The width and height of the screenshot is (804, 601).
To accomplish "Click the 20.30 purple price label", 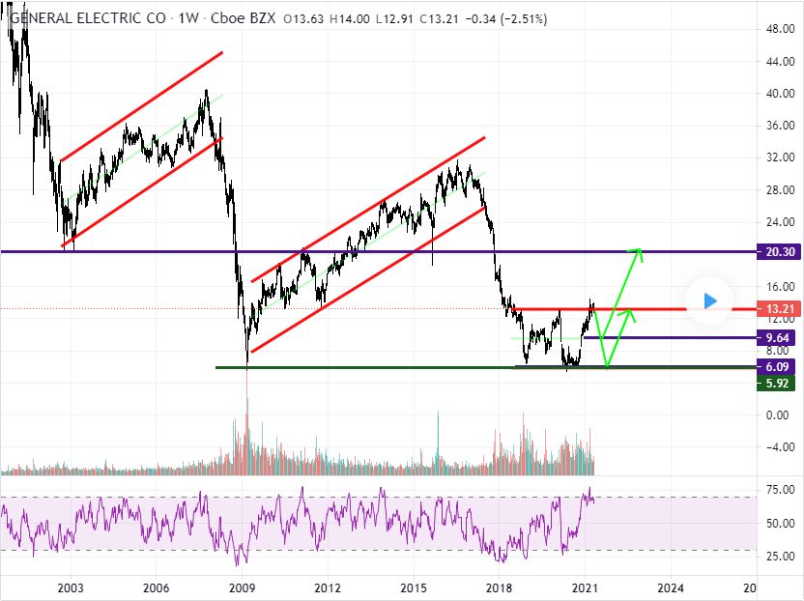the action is click(776, 252).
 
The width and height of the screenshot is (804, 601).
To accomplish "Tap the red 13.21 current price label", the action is click(776, 308).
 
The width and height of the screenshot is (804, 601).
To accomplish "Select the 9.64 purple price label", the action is click(776, 338).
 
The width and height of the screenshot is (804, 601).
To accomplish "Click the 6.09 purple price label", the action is click(776, 366).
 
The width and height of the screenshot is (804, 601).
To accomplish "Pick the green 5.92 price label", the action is click(776, 383).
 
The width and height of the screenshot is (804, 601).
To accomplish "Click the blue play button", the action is click(709, 301).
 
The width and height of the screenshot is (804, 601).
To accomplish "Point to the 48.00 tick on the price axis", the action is click(781, 29).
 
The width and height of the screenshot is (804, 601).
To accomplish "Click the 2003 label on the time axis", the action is click(71, 587).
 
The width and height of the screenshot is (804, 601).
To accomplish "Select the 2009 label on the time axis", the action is click(242, 587).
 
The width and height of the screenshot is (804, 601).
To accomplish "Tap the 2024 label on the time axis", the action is click(671, 587).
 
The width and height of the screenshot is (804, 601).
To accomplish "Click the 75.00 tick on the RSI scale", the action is click(781, 490).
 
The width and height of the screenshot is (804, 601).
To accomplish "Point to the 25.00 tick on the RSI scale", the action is click(781, 557).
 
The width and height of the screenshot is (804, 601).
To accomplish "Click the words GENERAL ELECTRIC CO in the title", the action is click(88, 19).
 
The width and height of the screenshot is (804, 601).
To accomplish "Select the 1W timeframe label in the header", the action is click(188, 19).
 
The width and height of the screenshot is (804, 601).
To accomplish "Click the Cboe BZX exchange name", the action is click(244, 19).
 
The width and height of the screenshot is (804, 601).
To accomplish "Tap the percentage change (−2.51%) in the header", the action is click(524, 19).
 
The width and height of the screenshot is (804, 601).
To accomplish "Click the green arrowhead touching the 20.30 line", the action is click(637, 253).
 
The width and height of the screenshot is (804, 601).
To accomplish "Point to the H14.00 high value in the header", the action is click(349, 19).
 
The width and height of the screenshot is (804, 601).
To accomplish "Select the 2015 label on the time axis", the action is click(414, 587).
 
